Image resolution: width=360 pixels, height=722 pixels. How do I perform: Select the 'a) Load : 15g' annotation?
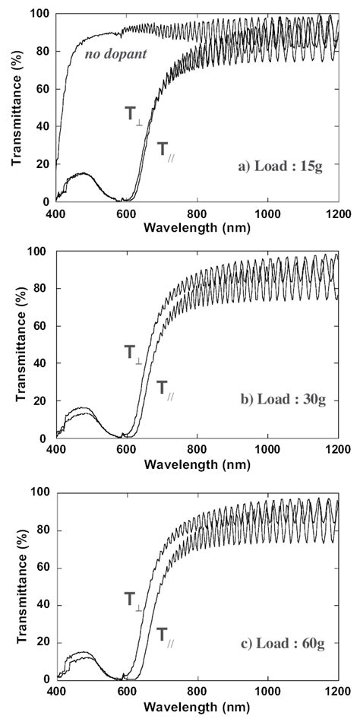click(x=283, y=166)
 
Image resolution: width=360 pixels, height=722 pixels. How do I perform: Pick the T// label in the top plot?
click(x=166, y=148)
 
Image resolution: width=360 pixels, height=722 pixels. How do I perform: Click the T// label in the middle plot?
click(x=166, y=388)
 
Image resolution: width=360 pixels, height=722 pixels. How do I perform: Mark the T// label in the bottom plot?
click(x=166, y=633)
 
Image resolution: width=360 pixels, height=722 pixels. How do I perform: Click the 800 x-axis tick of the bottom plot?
click(x=197, y=692)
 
